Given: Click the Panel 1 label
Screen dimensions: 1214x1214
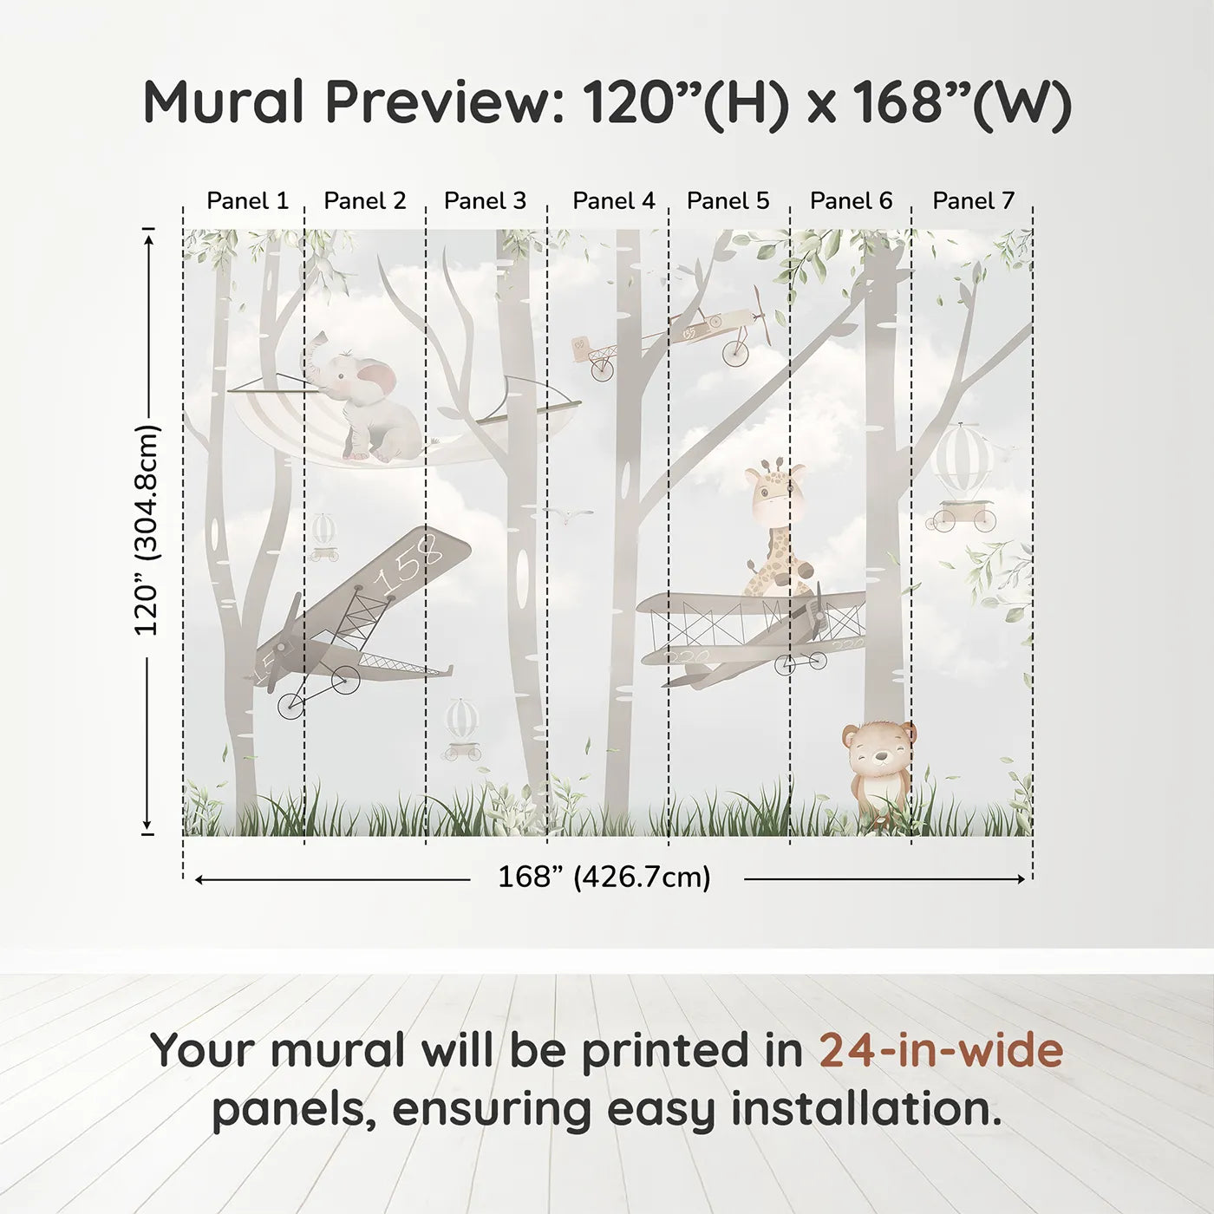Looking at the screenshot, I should (247, 201).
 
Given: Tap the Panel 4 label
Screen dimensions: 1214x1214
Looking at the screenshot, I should (613, 201).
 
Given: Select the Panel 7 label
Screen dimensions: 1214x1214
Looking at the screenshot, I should (973, 201).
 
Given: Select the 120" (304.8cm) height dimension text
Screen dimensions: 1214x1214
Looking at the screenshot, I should (147, 530).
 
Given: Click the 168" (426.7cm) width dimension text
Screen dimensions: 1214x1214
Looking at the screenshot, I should (604, 878).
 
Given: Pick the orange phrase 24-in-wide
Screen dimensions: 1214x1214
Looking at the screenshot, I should (941, 1050).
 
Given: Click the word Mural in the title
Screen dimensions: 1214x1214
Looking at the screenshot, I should (225, 102).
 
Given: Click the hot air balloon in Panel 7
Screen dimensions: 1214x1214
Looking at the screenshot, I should (963, 460).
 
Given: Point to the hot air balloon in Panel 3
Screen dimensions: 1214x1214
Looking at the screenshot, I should (461, 720).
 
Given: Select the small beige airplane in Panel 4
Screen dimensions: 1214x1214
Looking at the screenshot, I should (595, 356).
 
